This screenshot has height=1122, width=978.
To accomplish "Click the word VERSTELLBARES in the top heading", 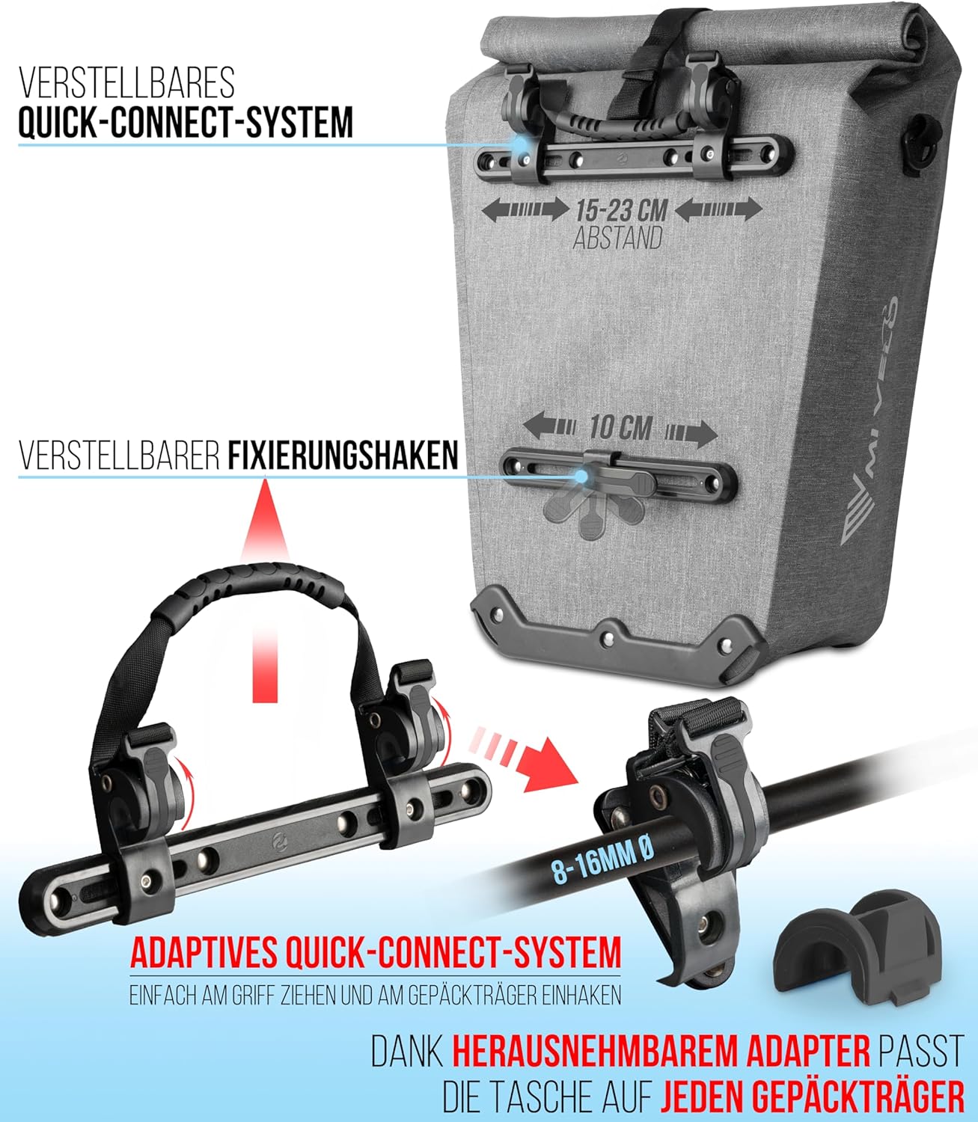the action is pos(126,83).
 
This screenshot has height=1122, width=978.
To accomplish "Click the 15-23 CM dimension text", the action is pos(622,211).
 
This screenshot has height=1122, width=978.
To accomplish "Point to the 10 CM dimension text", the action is pos(620,428).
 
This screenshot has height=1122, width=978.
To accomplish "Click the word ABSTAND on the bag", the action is pos(618,239).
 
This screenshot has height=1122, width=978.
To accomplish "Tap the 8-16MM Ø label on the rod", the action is pos(602,862).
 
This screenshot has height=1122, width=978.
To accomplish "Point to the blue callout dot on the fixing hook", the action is pos(581,476).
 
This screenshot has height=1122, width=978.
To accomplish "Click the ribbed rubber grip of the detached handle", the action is pos(251,589).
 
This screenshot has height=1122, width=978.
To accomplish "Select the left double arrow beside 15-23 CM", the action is pos(525,209).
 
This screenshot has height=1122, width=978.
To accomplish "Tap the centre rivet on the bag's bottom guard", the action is pos(607,638).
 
